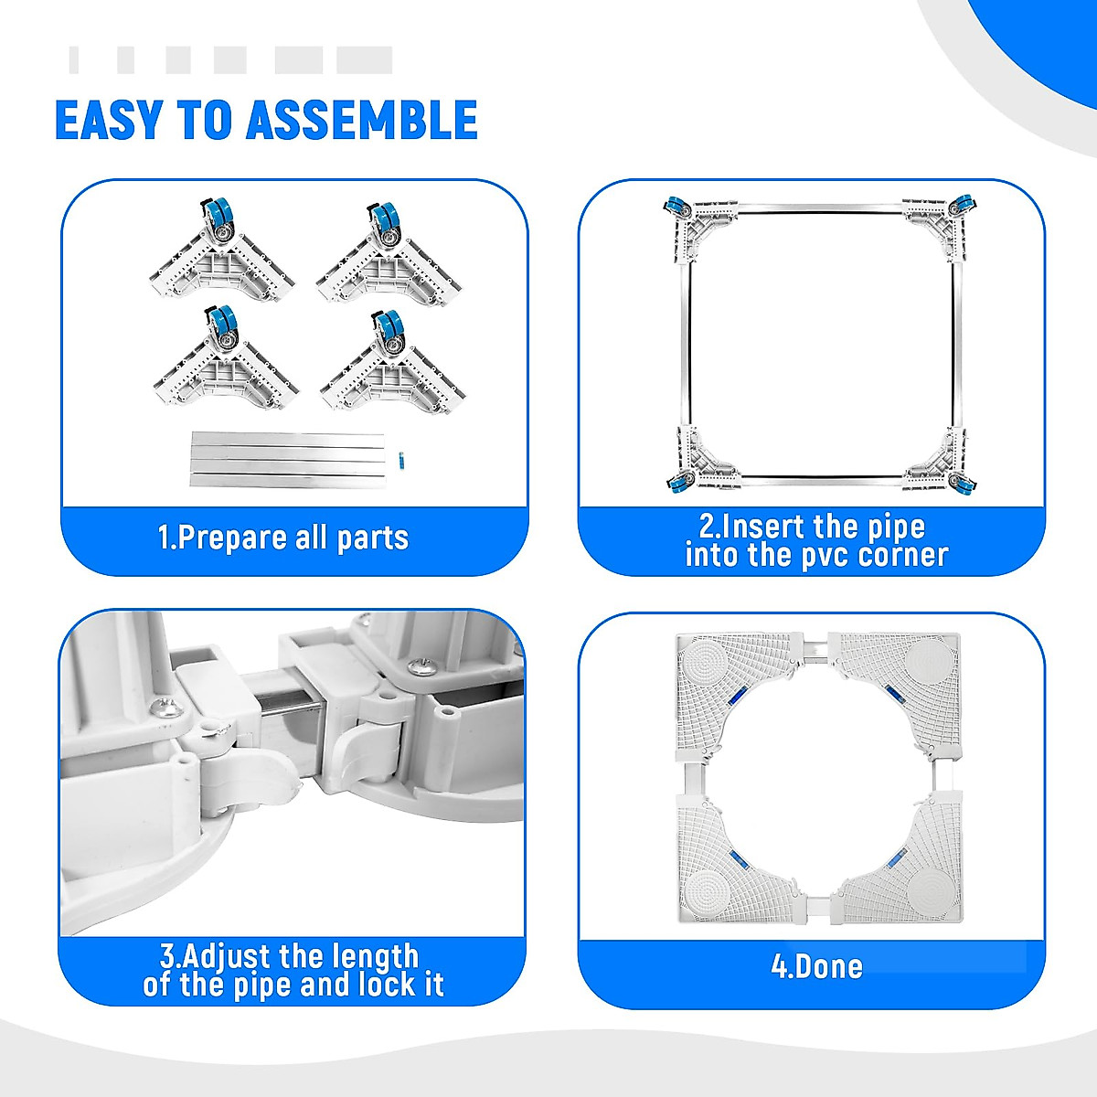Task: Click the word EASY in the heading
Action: (110, 120)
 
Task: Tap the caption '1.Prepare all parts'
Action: (282, 538)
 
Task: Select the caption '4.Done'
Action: (816, 966)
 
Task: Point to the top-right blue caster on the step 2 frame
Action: (961, 206)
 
